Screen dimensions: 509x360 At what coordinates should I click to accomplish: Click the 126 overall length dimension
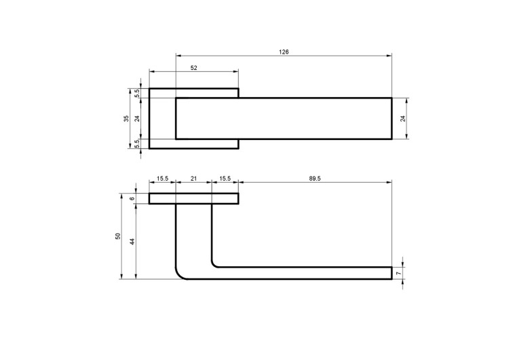click(x=284, y=52)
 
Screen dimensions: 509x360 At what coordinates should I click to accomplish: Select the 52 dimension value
click(x=194, y=68)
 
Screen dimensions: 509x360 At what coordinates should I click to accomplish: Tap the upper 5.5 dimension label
click(x=137, y=93)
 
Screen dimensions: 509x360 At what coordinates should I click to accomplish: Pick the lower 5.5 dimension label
click(x=137, y=143)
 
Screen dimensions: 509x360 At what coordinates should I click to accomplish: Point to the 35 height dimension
click(x=126, y=119)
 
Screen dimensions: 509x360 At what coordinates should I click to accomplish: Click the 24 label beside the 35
click(x=137, y=119)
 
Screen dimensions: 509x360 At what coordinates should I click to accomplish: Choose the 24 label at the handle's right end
click(x=403, y=119)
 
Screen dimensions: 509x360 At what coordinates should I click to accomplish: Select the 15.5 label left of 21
click(x=162, y=179)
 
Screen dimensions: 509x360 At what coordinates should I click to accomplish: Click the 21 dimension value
click(x=193, y=179)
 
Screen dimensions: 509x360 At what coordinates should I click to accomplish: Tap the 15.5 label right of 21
click(x=225, y=179)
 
